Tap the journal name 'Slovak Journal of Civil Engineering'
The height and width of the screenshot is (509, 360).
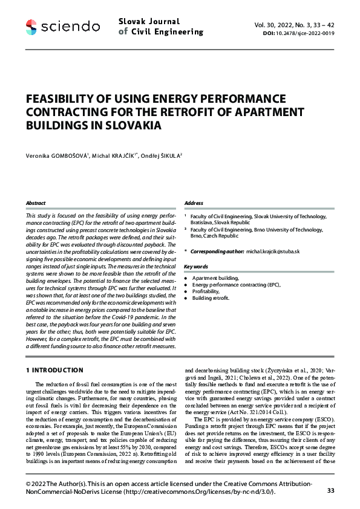point(160,27)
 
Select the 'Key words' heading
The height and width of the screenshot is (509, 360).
point(196,266)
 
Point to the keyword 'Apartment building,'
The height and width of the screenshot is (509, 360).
point(215,277)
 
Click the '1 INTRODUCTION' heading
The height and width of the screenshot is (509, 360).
point(55,370)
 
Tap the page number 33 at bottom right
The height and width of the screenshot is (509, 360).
point(330,490)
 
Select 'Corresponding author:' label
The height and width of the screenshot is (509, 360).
point(217,250)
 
